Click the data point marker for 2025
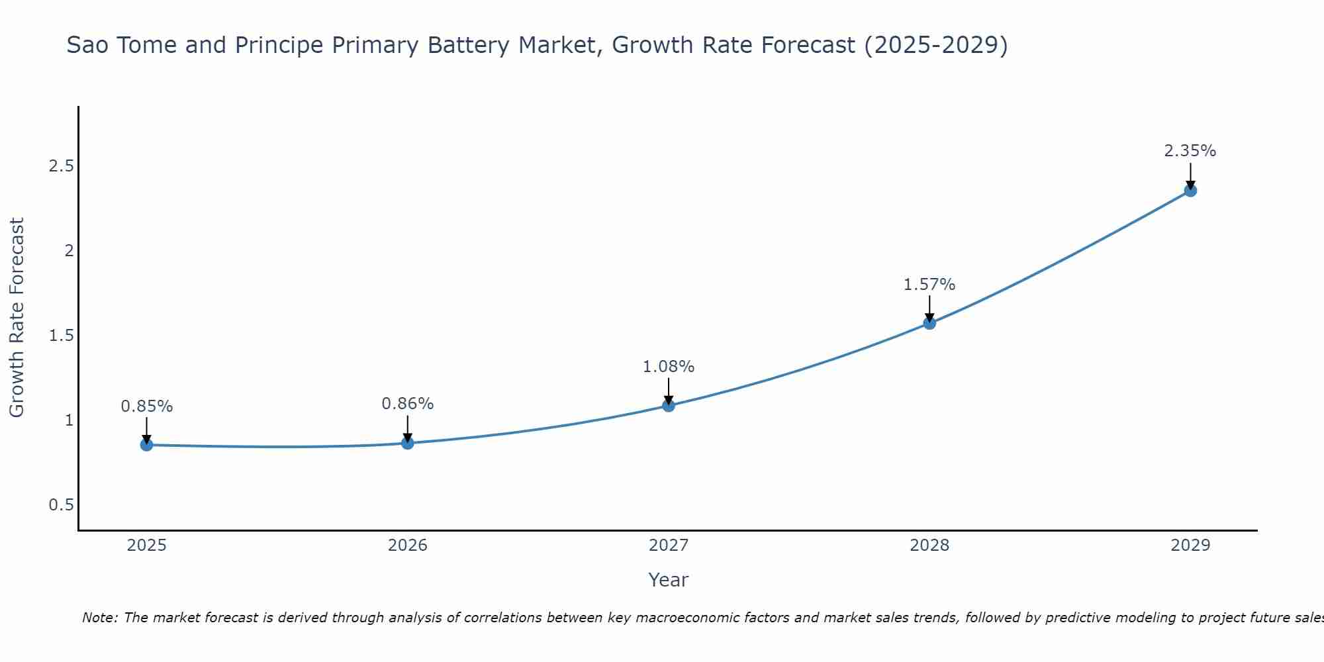point(146,445)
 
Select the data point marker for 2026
point(408,443)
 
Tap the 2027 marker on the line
point(669,405)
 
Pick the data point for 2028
point(929,323)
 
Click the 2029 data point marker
point(1190,191)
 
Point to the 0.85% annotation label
point(146,406)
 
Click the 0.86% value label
point(408,404)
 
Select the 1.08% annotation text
point(669,367)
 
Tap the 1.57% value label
point(929,285)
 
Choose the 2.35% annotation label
point(1190,151)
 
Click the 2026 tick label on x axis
point(408,545)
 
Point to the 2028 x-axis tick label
point(929,545)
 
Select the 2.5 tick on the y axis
point(61,166)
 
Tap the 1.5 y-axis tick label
point(61,336)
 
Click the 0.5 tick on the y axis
point(61,505)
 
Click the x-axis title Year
point(669,580)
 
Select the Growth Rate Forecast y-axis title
point(17,318)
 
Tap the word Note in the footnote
point(99,618)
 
